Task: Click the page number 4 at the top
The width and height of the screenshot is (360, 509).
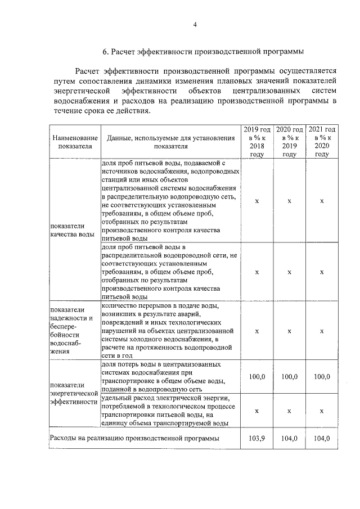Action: coord(195,24)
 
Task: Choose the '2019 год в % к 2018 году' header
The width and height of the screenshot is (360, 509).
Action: coord(256,142)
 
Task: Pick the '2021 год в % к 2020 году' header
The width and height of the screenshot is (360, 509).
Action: coord(322,142)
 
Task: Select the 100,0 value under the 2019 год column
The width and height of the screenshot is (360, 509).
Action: coord(256,376)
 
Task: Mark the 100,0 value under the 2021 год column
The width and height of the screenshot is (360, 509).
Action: coord(322,376)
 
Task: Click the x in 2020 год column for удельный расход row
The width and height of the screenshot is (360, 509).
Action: coord(289,411)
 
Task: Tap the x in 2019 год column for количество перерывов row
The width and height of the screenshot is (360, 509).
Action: coord(256,331)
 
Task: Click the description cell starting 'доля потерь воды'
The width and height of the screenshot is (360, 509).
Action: coord(170,376)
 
